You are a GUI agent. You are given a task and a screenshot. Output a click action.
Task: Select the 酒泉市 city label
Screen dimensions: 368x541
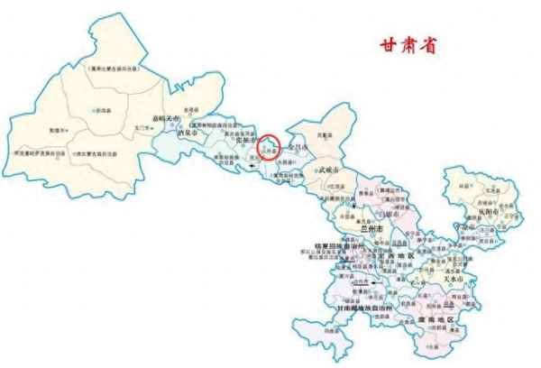pyautogui.click(x=188, y=130)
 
